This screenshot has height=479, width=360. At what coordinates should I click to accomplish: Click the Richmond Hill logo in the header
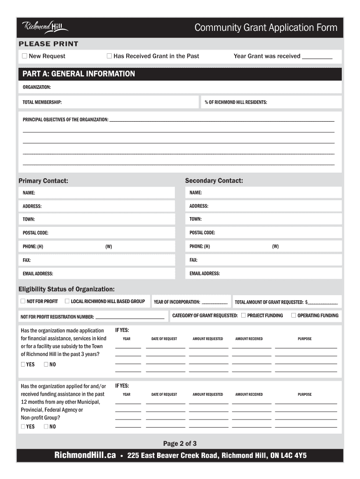click(x=45, y=28)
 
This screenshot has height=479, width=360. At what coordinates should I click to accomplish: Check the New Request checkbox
click(x=24, y=56)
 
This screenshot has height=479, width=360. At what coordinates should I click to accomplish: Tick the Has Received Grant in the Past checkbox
click(x=109, y=56)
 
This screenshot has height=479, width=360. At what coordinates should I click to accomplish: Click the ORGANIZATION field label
click(x=37, y=87)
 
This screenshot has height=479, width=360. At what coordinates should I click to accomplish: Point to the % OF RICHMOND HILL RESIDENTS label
click(x=236, y=102)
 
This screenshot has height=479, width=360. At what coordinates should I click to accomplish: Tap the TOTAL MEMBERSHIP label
click(x=42, y=102)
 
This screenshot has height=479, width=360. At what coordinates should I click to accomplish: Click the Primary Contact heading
click(x=43, y=181)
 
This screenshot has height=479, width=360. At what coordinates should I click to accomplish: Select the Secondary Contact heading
click(x=214, y=181)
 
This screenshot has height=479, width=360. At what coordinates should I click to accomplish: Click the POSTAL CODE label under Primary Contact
click(x=36, y=233)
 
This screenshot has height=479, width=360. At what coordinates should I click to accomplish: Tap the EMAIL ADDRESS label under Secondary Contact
click(x=204, y=274)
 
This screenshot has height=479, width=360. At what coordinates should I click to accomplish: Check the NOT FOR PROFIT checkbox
click(x=23, y=301)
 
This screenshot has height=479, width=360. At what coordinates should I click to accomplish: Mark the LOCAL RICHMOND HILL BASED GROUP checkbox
click(x=67, y=301)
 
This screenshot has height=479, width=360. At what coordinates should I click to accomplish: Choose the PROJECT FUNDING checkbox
click(x=243, y=315)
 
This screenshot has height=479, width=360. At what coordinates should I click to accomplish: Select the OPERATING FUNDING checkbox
click(x=294, y=315)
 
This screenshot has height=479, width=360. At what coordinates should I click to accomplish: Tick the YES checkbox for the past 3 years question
click(x=23, y=364)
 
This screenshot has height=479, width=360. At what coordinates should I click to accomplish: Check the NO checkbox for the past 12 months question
click(x=46, y=427)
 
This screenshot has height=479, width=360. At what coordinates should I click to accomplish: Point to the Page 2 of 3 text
click(x=180, y=443)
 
